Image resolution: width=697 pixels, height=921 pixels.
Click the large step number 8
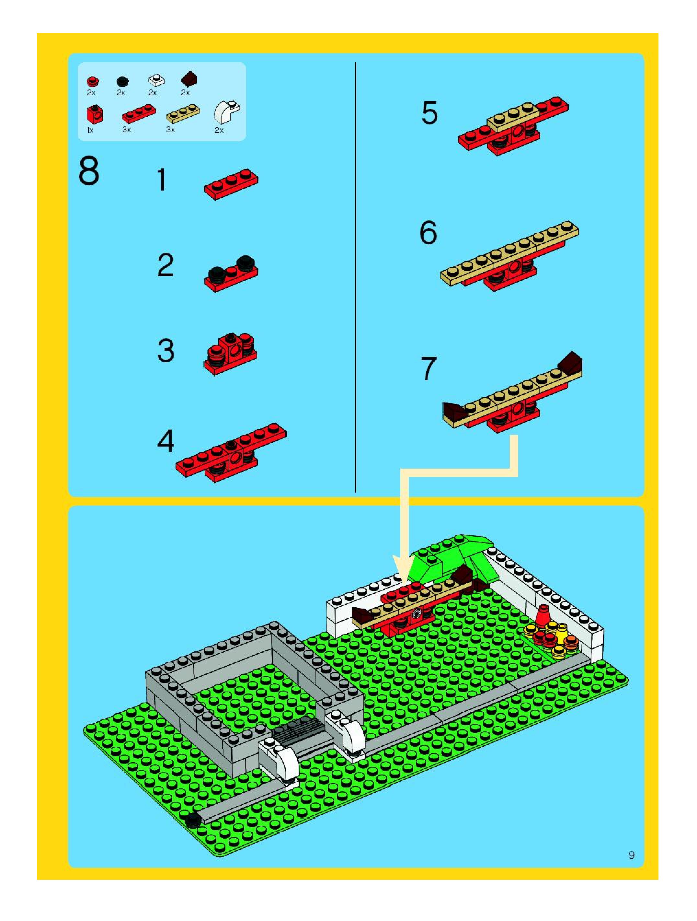click(x=89, y=171)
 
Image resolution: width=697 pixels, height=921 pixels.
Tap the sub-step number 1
click(x=162, y=180)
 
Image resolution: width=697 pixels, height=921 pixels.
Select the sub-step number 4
click(x=166, y=441)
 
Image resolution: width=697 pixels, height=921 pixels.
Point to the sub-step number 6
click(x=428, y=233)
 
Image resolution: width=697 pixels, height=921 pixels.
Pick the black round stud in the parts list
click(x=122, y=81)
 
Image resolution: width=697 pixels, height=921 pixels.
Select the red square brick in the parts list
click(x=95, y=114)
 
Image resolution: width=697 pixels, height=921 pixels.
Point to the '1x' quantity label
click(x=90, y=130)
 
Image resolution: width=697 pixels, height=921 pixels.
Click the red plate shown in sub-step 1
click(x=231, y=184)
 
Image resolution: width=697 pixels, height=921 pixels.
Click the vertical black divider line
click(x=355, y=277)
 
